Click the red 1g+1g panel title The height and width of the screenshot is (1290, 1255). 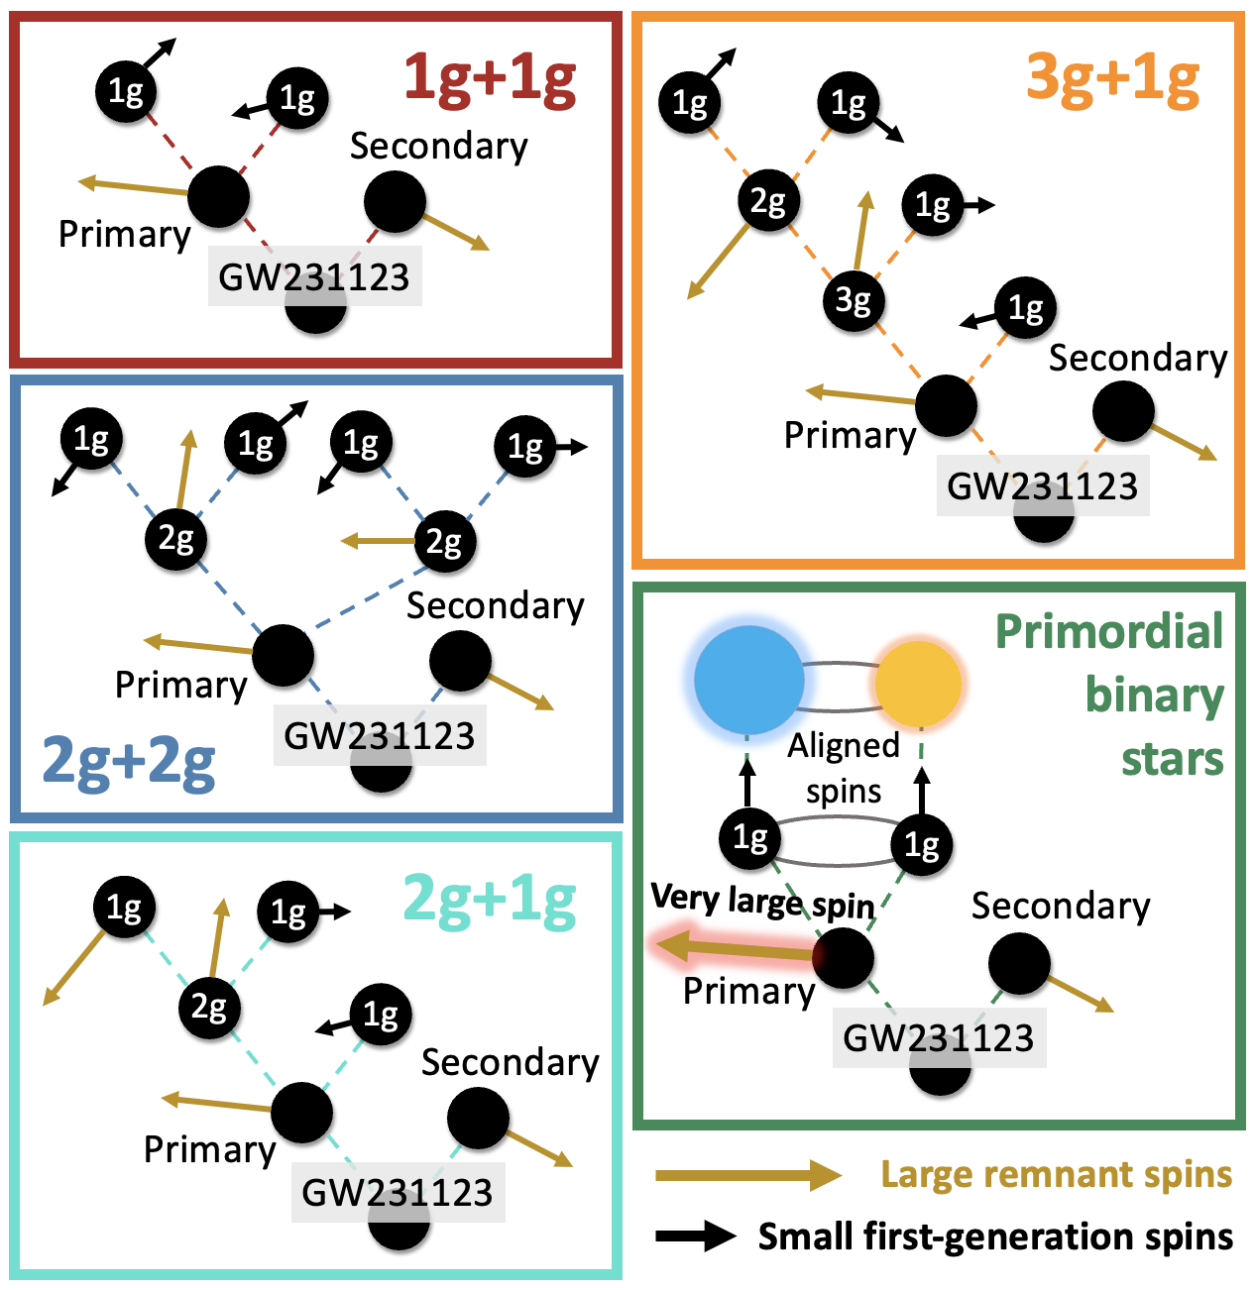pos(490,79)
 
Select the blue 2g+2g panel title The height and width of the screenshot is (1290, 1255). pos(129,762)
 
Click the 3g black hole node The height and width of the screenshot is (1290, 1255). pos(854,299)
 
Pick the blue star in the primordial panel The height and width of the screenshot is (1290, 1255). pos(748,680)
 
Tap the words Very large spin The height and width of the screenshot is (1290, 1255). pos(762,901)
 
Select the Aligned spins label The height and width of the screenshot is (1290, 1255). pos(844,768)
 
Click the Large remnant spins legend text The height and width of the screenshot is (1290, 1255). pos(1057,1174)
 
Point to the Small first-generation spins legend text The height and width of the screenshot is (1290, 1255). pos(995,1236)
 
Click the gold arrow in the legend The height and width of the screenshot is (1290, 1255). pos(747,1175)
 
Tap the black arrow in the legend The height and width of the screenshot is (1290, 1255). pos(695,1236)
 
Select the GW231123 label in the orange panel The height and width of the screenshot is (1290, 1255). pos(1043,486)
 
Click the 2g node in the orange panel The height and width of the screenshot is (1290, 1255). pos(768,201)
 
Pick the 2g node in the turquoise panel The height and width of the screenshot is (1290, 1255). pos(209,1008)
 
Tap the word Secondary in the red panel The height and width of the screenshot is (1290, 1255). pos(439,147)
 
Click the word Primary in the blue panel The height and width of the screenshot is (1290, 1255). pos(180,685)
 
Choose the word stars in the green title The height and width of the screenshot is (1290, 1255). pos(1173,760)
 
